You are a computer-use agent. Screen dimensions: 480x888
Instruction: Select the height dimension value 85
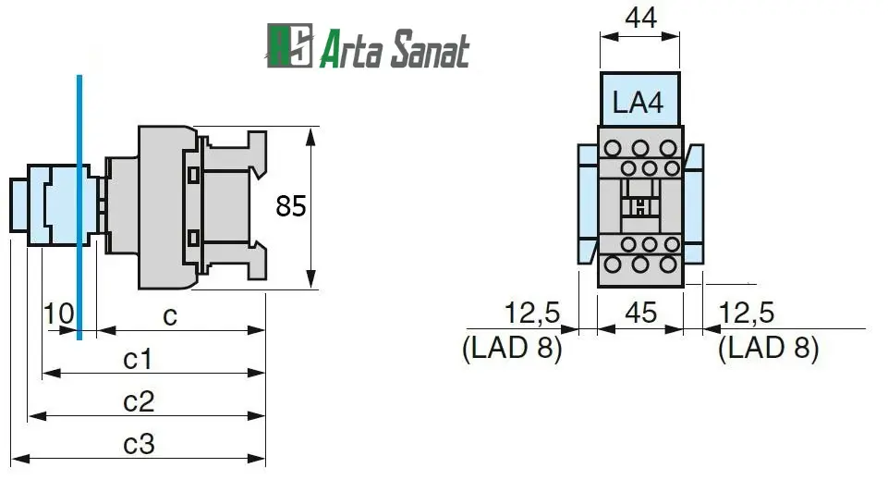(x=290, y=207)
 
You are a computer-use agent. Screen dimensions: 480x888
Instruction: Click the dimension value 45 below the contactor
(x=640, y=313)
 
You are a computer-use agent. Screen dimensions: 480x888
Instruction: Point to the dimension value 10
(x=58, y=314)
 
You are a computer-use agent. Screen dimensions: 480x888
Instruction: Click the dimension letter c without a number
(x=170, y=315)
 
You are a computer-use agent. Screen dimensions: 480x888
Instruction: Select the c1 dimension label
(x=138, y=358)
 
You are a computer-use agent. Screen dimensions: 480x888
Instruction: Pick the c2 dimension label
(x=139, y=401)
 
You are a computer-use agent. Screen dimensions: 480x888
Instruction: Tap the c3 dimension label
(x=139, y=444)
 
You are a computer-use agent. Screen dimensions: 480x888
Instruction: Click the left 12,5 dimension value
(x=533, y=313)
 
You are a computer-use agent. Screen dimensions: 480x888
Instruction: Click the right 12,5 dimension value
(x=747, y=313)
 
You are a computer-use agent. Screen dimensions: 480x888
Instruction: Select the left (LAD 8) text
(x=511, y=349)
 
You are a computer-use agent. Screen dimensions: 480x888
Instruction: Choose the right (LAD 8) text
(x=769, y=349)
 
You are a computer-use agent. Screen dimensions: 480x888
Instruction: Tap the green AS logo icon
(x=289, y=47)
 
